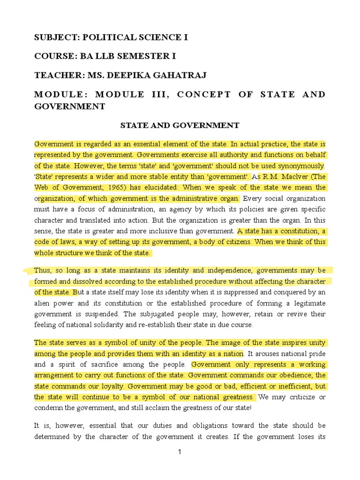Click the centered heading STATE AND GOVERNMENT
(x=180, y=125)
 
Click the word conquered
(x=296, y=292)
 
